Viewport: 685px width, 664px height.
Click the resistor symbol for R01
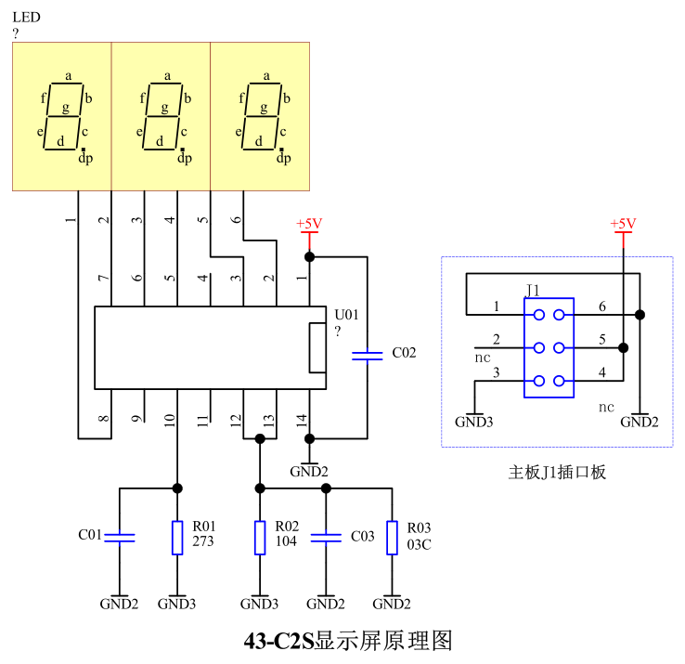(177, 537)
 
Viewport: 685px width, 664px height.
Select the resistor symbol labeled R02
(260, 537)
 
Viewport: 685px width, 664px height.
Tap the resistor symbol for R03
(393, 537)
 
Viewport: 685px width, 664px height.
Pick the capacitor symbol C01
(120, 536)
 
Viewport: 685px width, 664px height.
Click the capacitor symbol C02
(368, 354)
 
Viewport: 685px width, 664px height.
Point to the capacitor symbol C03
(326, 536)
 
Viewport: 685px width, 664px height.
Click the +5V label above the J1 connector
(622, 224)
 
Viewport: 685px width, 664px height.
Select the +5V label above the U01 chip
(309, 224)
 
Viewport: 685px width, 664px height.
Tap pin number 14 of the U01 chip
(301, 419)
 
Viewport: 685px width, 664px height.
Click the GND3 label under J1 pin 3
(473, 422)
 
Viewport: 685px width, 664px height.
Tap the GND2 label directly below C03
(326, 604)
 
